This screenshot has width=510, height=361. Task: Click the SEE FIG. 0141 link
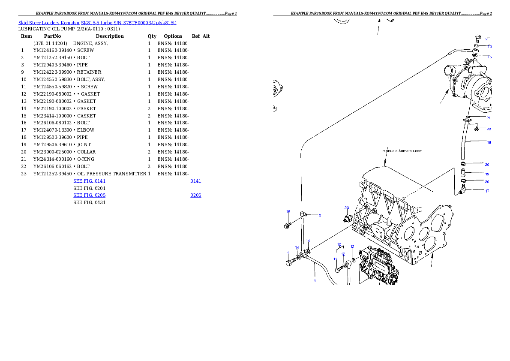89,181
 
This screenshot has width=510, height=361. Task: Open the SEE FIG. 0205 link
89,196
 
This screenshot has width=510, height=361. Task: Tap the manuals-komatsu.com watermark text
402,150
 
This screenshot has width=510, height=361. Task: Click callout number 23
347,208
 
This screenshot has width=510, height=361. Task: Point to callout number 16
288,211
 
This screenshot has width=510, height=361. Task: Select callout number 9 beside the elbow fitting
319,216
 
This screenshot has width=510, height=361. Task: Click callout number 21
488,117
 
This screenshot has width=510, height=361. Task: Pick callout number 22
488,129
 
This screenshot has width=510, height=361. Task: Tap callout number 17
487,191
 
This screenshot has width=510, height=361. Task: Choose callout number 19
487,174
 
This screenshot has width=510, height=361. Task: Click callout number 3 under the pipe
315,281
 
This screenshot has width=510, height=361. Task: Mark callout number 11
336,259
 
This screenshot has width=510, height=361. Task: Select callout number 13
352,247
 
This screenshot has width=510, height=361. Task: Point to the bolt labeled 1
290,262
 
